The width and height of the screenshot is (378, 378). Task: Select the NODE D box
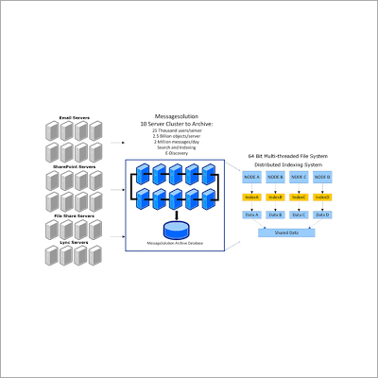[323, 177]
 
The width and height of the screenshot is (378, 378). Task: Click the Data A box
[252, 215]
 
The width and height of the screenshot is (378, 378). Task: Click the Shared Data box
[286, 232]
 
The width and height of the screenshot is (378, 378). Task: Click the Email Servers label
[74, 117]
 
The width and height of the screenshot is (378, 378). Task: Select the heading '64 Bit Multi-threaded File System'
[288, 154]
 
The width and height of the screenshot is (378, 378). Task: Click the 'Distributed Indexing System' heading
[287, 163]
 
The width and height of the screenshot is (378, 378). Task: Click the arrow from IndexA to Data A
[252, 205]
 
